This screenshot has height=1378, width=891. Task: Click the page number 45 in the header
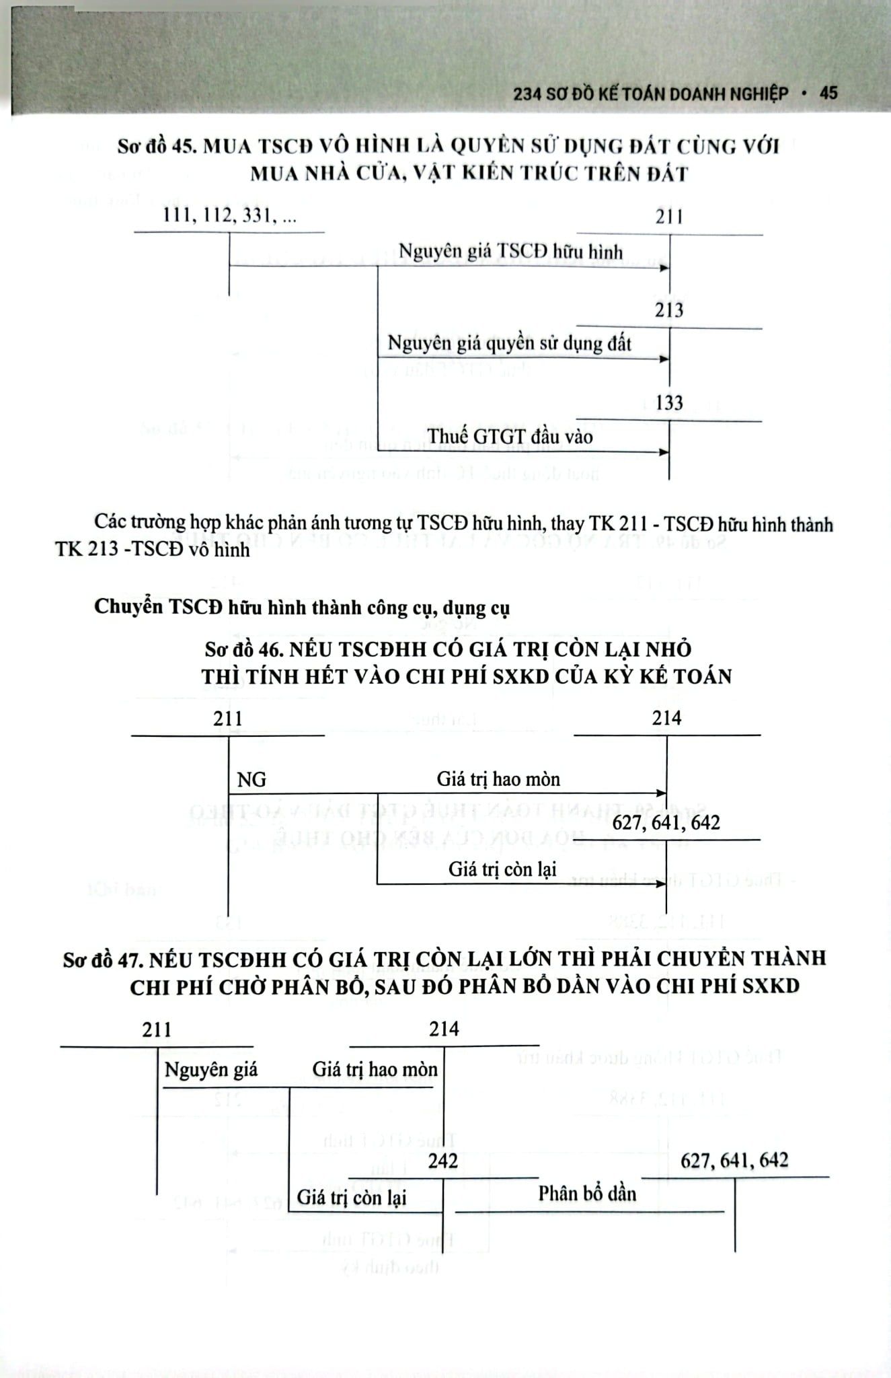[828, 93]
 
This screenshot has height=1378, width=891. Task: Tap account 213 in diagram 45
[669, 310]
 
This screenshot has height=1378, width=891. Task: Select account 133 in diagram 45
[669, 403]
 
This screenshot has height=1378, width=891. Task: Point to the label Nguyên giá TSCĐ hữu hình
[510, 252]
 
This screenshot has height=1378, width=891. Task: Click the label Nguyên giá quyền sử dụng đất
[510, 344]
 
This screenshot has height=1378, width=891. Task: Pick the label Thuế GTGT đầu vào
[510, 437]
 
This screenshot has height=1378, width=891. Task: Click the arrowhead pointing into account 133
[664, 452]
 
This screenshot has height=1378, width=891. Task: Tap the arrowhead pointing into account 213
[664, 359]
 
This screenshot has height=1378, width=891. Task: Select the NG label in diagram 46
[251, 779]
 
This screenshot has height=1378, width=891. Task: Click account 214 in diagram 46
[666, 718]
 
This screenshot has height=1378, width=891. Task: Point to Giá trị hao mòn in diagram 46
[498, 779]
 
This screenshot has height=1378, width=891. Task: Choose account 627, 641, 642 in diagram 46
[666, 822]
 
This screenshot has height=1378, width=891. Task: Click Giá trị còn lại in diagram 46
[502, 869]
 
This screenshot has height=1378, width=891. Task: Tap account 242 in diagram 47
[442, 1161]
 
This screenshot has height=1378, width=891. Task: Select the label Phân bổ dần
[587, 1194]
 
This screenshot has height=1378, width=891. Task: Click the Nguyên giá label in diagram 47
[211, 1069]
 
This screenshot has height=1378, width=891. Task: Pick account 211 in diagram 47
[157, 1029]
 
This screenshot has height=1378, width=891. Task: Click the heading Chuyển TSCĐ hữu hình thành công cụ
[302, 607]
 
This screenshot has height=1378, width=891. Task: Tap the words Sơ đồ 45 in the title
[155, 146]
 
